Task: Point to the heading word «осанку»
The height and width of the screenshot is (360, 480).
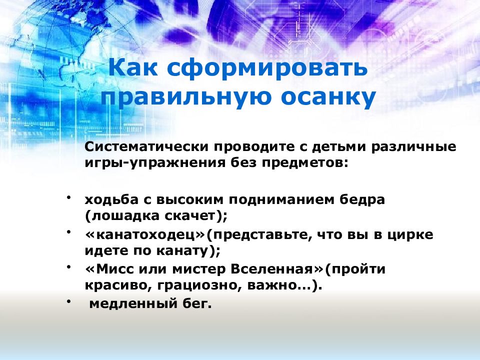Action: pos(328,97)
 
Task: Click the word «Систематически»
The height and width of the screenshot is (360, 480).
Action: pos(146,146)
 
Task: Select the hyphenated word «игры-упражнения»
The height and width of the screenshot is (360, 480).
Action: pos(155,163)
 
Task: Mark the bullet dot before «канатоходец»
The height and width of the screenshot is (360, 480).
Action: pos(69,231)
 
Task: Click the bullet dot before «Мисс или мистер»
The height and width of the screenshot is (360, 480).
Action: pos(69,266)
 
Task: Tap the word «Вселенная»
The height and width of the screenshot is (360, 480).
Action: pos(271,269)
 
